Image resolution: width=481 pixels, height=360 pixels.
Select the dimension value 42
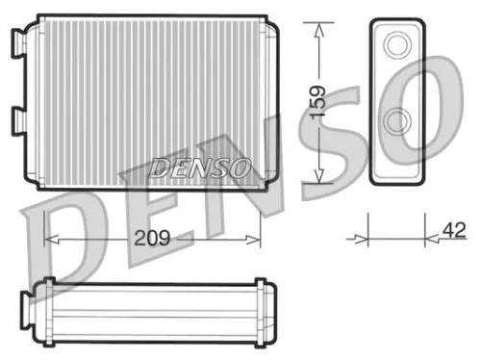coord(455,230)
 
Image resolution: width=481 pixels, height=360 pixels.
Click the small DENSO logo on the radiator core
coord(200,167)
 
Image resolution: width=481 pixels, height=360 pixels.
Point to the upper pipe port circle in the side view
coord(396,44)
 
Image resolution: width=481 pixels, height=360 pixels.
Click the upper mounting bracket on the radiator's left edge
coord(17,43)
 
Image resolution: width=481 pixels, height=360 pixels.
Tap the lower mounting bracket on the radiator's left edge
coord(17,121)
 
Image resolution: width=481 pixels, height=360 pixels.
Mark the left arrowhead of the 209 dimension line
coord(51,238)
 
